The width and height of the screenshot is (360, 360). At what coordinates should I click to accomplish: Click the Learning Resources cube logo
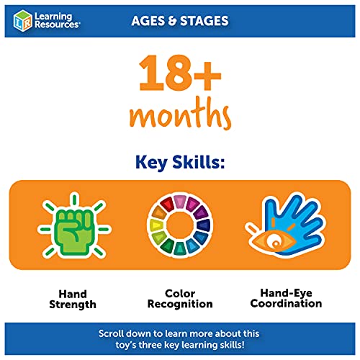pos(22,21)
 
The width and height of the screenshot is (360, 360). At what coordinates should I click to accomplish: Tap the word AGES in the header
pos(148,21)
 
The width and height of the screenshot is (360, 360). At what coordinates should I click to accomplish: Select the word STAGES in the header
pos(204,21)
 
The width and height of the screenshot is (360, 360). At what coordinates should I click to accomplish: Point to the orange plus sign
pos(207,76)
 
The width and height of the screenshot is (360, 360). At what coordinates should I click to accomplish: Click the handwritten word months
pos(180,113)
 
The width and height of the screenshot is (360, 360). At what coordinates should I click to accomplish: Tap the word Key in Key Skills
pos(151,163)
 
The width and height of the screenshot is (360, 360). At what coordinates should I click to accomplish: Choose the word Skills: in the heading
pos(199,162)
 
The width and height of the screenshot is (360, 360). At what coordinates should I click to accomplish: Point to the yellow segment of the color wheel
pos(156,225)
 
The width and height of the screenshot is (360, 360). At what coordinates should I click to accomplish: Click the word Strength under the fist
pos(73,305)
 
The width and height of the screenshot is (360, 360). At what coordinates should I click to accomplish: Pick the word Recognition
pos(180,305)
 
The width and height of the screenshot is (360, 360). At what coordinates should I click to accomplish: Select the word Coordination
pos(286,303)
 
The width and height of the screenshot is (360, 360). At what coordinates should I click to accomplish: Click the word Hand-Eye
pos(287,293)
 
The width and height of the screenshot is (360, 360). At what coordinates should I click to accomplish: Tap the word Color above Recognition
pos(180,294)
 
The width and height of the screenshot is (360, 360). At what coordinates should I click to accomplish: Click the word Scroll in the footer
pos(111,333)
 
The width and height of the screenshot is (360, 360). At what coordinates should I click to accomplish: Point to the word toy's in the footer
pos(125,345)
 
